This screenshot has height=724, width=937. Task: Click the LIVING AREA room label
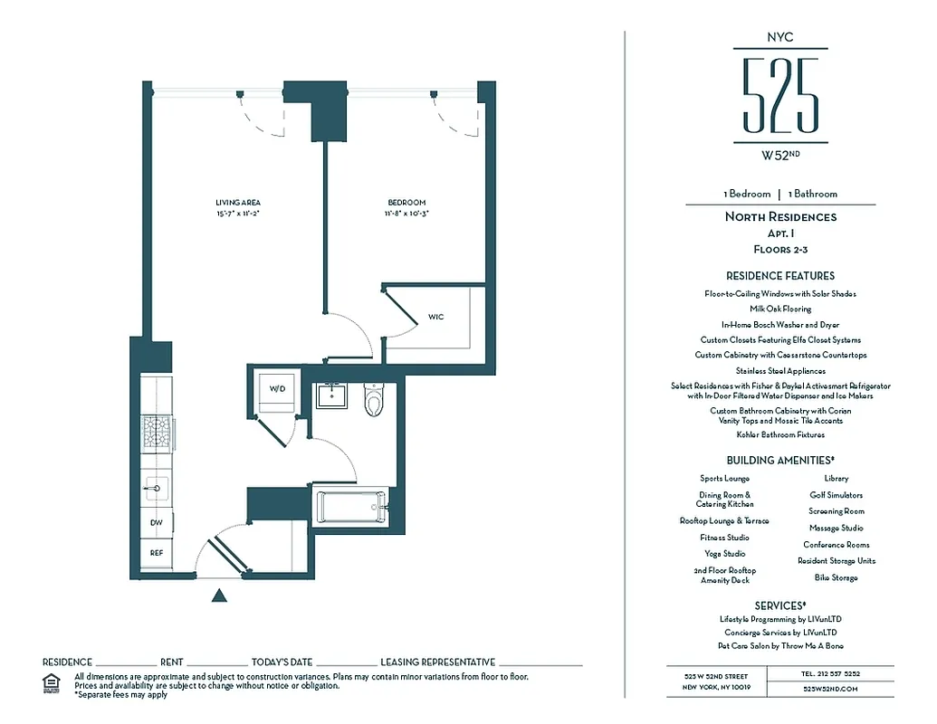(238, 202)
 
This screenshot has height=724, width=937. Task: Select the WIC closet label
(435, 318)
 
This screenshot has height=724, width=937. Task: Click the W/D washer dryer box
(275, 388)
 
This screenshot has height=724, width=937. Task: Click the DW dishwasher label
(157, 522)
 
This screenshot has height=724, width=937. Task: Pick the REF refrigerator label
(157, 551)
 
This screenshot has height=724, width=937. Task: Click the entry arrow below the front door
(218, 595)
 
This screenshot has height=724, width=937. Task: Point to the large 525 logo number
(779, 94)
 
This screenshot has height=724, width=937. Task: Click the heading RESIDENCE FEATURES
(779, 275)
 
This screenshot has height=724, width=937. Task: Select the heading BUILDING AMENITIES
(779, 460)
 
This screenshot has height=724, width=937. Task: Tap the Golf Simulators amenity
(836, 495)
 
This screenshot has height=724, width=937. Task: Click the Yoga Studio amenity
(724, 553)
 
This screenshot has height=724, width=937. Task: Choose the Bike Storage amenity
(836, 577)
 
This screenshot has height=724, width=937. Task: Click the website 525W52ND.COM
(829, 688)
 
